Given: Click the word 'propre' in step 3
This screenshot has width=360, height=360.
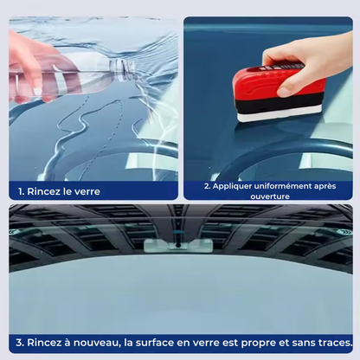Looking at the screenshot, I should [x=267, y=342].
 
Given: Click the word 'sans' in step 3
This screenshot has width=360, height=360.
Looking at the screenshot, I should [x=303, y=342].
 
